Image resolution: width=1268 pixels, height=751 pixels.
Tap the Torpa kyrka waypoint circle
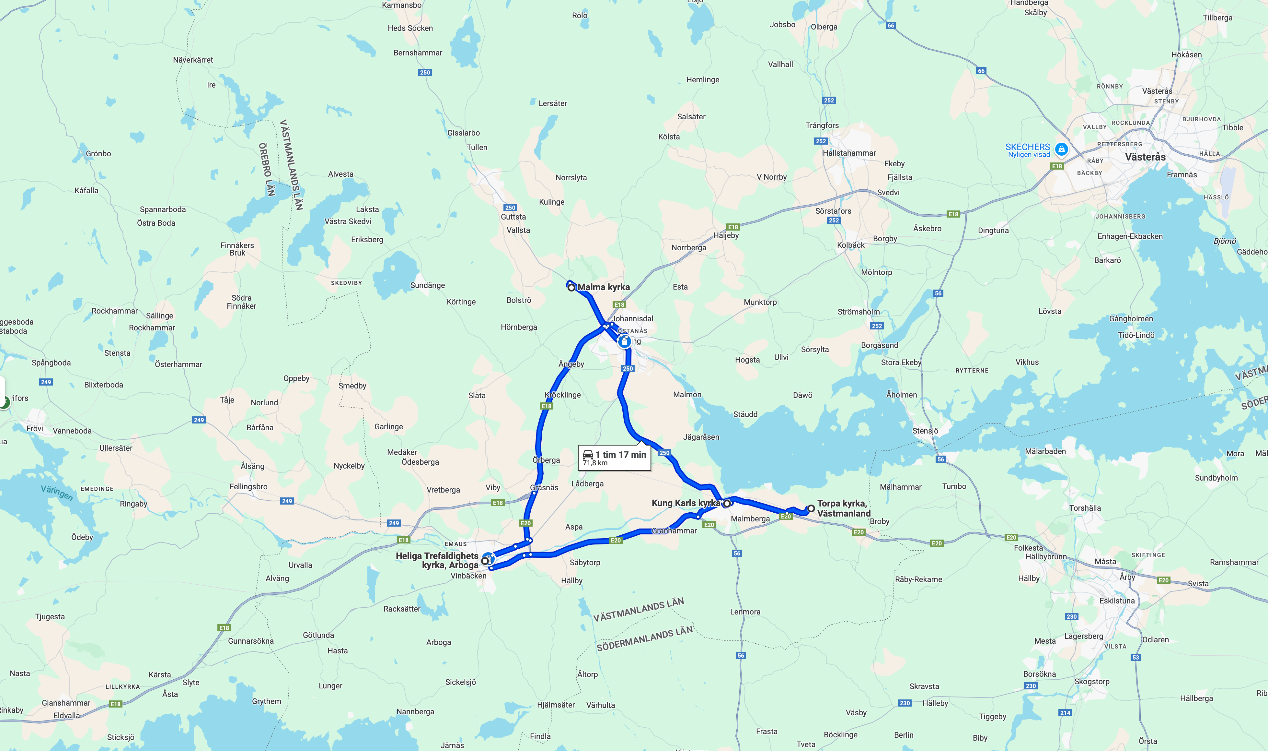pos(811,508)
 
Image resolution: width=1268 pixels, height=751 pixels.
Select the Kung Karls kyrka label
pos(686,503)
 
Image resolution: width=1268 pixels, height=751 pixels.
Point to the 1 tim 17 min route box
pos(614,458)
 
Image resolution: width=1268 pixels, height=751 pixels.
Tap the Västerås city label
pos(1145,157)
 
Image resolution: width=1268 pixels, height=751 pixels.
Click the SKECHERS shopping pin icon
pos(1061,149)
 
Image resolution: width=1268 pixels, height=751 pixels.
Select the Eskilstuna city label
pos(1117,601)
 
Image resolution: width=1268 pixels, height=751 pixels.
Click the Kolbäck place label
pos(850,245)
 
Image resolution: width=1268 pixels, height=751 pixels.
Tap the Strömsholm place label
pos(859,312)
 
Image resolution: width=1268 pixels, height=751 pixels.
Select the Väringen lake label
pos(57,493)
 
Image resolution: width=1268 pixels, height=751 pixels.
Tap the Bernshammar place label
pos(418,53)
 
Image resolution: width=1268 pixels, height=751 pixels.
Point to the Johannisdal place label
pos(632,318)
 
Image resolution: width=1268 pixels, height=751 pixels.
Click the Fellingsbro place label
pos(248,486)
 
